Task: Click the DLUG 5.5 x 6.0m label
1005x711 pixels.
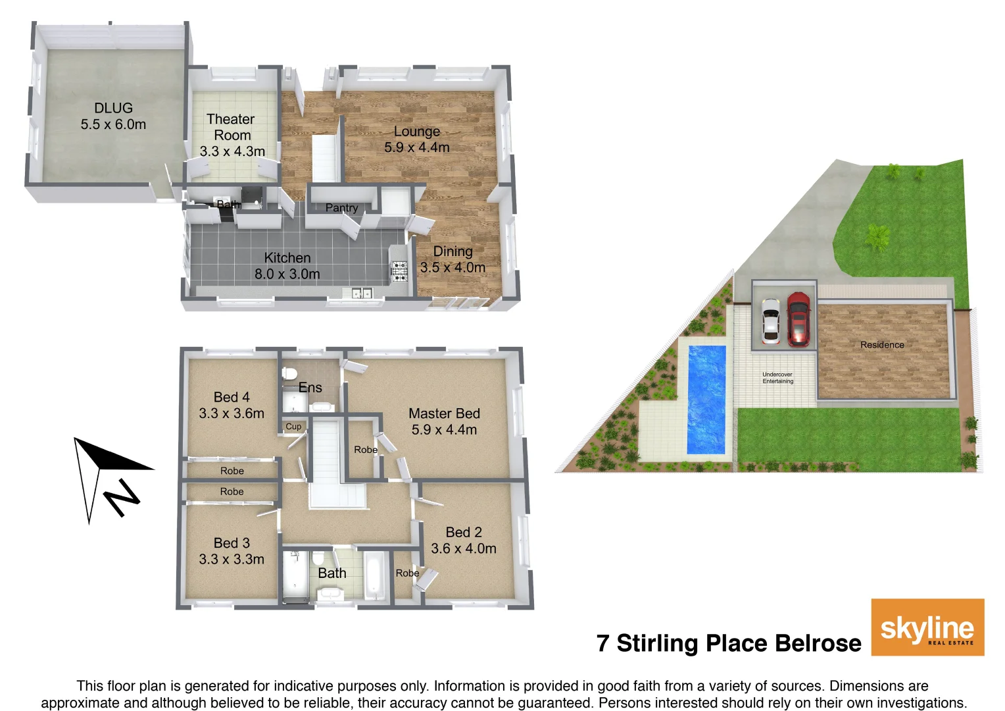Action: pyautogui.click(x=113, y=116)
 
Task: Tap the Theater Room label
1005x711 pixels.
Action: pyautogui.click(x=232, y=135)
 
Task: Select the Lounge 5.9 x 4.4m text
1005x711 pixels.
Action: pyautogui.click(x=417, y=140)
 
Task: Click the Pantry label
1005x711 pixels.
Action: pyautogui.click(x=341, y=208)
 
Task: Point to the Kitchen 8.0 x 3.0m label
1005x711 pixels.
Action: pyautogui.click(x=287, y=266)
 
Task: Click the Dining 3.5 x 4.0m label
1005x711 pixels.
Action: pyautogui.click(x=453, y=259)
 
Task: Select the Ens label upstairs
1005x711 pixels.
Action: pyautogui.click(x=310, y=388)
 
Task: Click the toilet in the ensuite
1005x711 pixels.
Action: pyautogui.click(x=288, y=373)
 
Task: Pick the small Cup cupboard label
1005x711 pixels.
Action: pyautogui.click(x=293, y=427)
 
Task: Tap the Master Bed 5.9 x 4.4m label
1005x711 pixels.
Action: pyautogui.click(x=444, y=421)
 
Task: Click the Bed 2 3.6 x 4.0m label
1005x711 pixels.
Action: pyautogui.click(x=464, y=540)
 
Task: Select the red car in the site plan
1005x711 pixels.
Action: pyautogui.click(x=798, y=319)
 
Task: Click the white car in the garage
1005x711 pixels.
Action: pyautogui.click(x=770, y=322)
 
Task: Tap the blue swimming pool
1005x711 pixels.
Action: pyautogui.click(x=706, y=400)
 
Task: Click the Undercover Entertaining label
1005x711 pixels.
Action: pyautogui.click(x=777, y=378)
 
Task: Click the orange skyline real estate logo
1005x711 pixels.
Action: pyautogui.click(x=927, y=627)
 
